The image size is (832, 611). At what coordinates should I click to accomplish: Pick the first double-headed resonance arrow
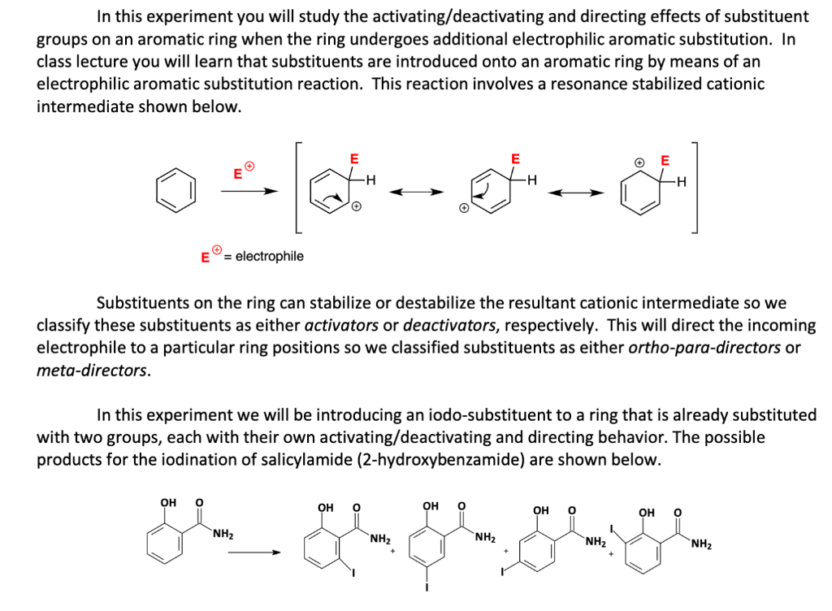tap(417, 193)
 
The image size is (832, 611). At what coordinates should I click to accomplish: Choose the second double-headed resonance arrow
tap(576, 193)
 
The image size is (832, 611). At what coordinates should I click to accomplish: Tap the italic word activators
tap(341, 326)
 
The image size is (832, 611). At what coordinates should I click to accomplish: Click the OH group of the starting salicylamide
tap(168, 501)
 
